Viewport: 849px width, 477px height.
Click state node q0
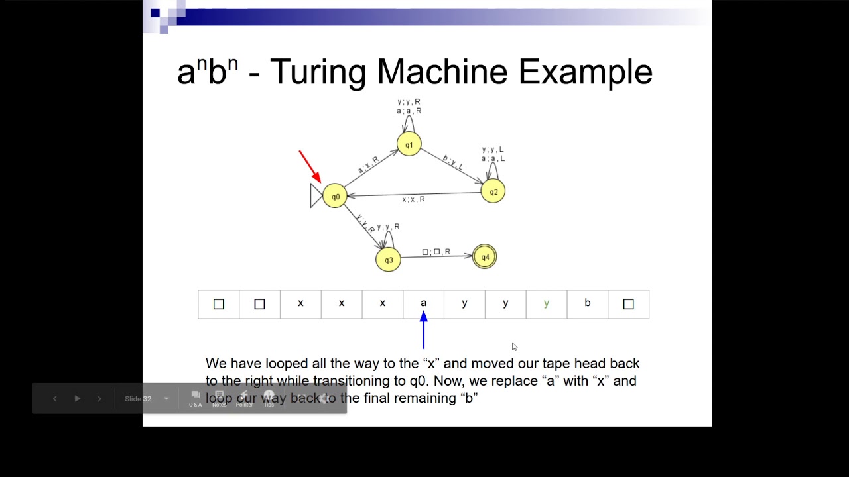point(335,196)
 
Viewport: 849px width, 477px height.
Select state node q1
point(409,144)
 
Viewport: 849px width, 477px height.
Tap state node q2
point(493,191)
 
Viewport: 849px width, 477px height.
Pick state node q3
point(388,260)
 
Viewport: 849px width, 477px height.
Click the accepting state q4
point(485,257)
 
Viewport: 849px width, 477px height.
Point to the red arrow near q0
point(310,166)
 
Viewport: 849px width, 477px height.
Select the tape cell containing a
point(423,304)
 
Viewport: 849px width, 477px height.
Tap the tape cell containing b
point(587,304)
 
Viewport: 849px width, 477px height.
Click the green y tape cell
point(547,304)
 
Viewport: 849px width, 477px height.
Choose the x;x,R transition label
point(413,199)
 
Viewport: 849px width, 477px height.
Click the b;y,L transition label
point(453,162)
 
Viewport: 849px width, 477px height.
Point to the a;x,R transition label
point(368,165)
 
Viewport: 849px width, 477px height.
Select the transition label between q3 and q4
point(436,252)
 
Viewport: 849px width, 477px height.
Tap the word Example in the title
point(585,72)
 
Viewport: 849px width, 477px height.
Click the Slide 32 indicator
point(138,399)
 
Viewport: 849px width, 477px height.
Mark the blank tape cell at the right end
point(628,304)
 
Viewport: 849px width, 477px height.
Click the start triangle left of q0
point(316,195)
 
